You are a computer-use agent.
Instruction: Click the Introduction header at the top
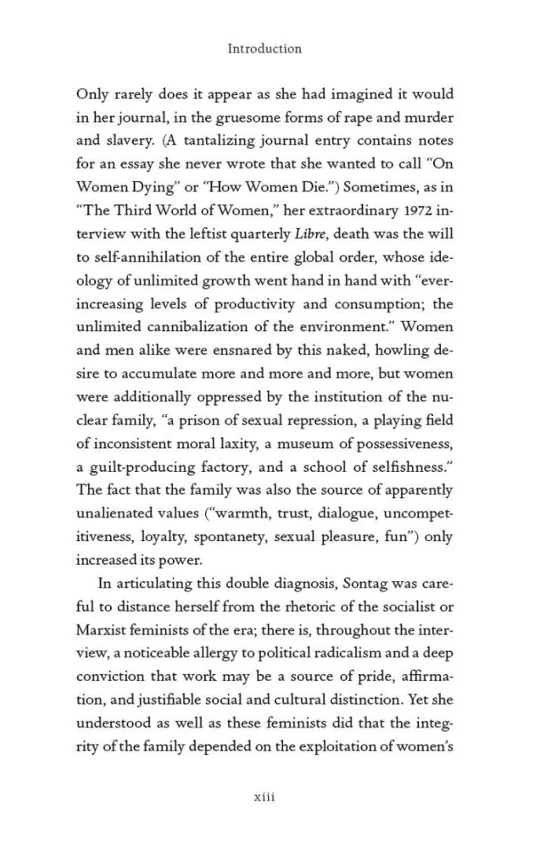[264, 48]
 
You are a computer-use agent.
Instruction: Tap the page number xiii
[265, 796]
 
